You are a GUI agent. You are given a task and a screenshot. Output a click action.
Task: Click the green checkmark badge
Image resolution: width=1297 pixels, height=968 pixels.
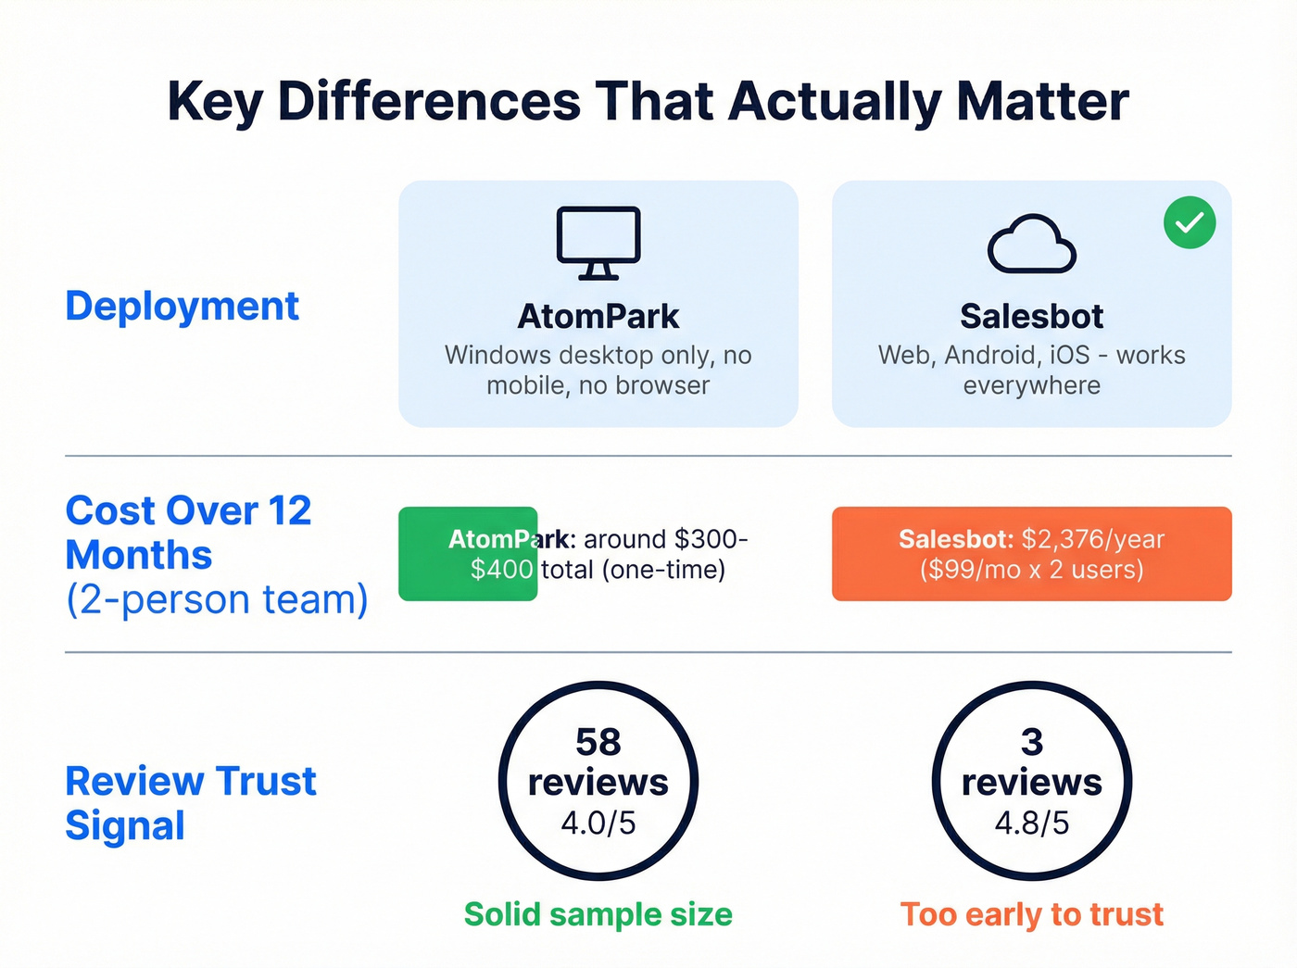point(1190,222)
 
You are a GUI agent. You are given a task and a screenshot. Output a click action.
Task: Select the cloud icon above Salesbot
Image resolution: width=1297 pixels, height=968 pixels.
point(1031,245)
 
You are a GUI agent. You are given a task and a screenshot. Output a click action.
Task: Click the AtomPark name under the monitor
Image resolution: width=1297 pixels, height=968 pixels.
point(598,317)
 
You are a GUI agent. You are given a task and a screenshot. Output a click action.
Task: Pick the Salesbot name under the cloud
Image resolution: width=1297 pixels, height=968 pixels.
point(1031,317)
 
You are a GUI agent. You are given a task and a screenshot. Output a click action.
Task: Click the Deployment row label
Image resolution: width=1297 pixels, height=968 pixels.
point(182,306)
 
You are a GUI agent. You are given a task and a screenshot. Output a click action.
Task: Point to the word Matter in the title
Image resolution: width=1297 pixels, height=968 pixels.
point(1042,101)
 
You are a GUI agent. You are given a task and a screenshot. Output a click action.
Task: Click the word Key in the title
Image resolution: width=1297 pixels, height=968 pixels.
point(214,101)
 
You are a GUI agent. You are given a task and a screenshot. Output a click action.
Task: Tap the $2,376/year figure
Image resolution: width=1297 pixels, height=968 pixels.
point(1092,539)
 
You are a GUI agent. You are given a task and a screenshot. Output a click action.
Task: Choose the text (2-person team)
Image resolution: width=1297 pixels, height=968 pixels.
point(217,599)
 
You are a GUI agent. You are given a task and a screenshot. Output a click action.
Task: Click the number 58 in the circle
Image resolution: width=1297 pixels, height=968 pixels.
point(598,742)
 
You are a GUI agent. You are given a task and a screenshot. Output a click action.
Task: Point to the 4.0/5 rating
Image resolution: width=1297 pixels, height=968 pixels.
point(598,823)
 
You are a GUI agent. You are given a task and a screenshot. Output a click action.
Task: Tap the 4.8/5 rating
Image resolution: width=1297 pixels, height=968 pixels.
point(1031,823)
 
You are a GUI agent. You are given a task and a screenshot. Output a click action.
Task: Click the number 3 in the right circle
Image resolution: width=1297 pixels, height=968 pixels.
point(1031,742)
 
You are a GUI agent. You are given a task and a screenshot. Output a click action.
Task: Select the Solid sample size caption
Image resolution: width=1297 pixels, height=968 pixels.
point(598,914)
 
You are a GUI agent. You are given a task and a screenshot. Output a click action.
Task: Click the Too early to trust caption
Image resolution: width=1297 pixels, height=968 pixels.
point(1031,914)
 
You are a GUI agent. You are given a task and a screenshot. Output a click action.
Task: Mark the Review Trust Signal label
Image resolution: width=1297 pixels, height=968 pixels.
point(190,803)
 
